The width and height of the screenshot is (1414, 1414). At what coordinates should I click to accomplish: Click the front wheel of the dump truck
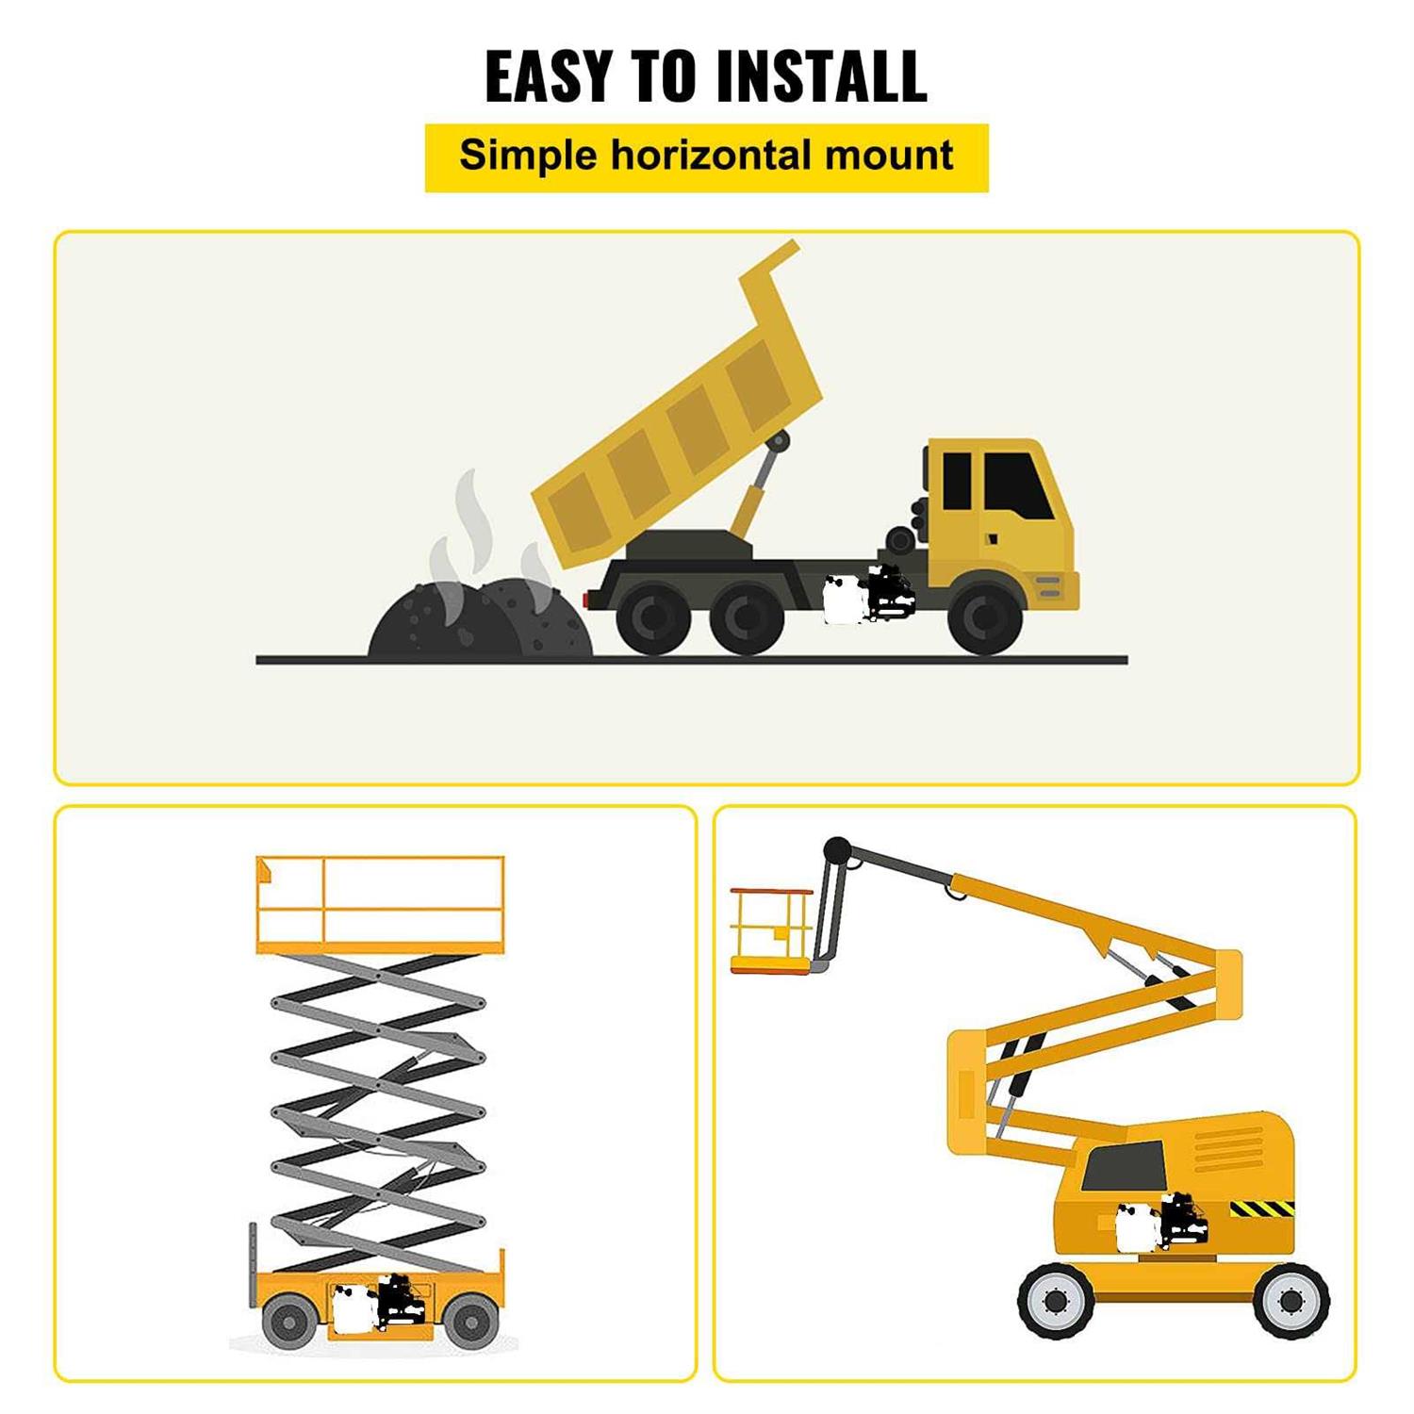(x=984, y=618)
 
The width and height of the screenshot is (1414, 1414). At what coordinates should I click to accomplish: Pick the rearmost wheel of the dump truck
(x=652, y=618)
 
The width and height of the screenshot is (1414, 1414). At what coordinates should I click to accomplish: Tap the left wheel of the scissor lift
(x=288, y=1320)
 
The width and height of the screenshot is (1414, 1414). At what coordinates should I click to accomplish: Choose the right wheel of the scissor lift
(x=469, y=1320)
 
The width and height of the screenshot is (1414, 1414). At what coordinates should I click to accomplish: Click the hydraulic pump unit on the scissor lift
(x=377, y=1304)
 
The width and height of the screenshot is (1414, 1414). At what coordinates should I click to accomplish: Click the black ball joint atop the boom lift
(x=836, y=850)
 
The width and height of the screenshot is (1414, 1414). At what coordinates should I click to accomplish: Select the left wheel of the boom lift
(x=1056, y=1301)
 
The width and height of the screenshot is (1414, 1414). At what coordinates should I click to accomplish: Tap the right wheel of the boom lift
(x=1292, y=1301)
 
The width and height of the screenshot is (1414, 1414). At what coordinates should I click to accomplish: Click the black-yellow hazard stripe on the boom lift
(x=1261, y=1208)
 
